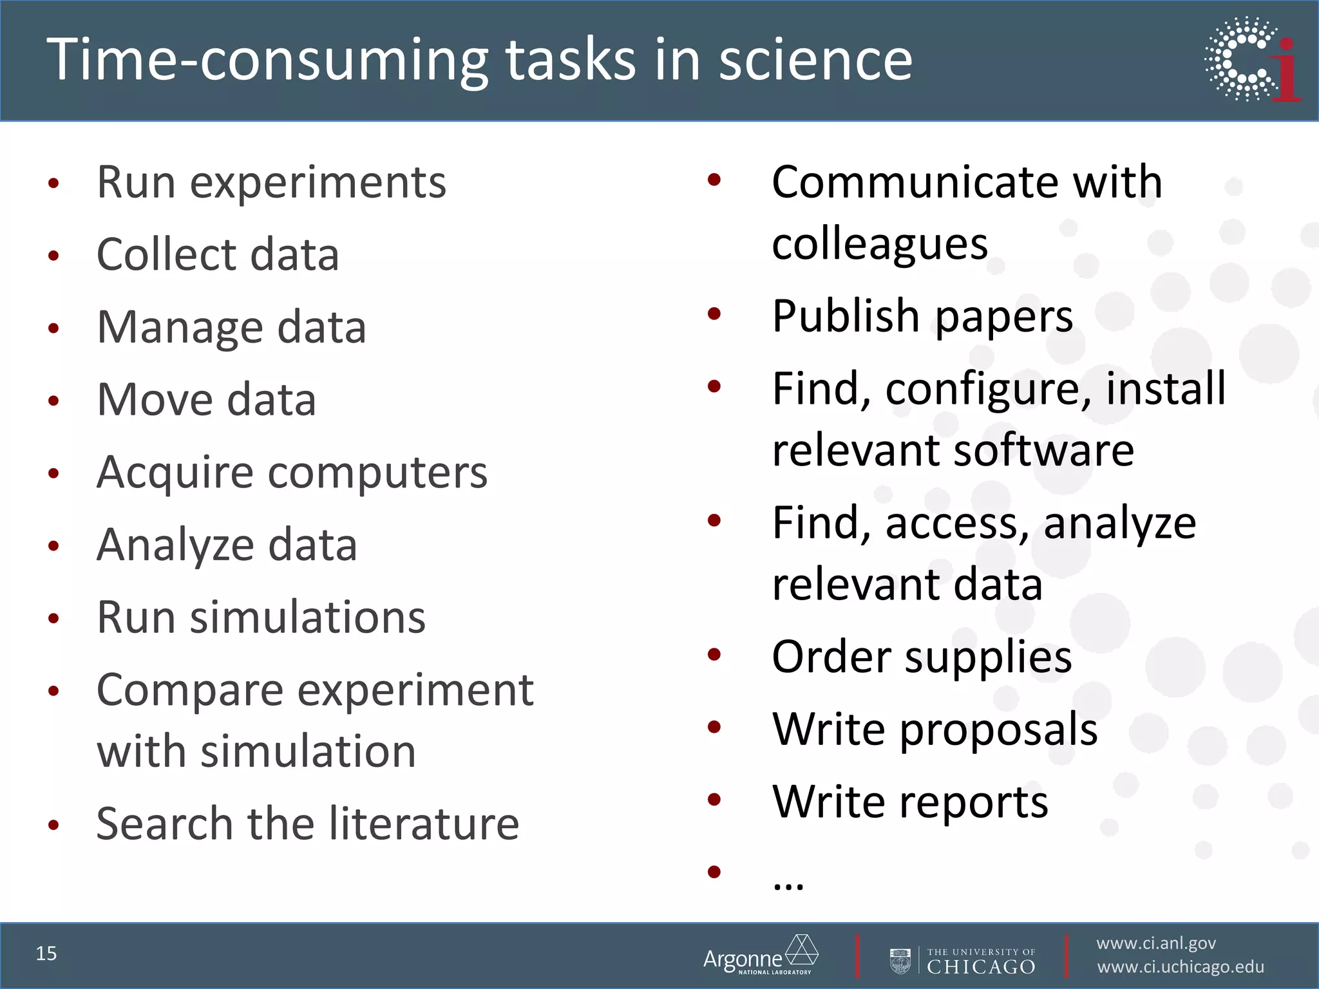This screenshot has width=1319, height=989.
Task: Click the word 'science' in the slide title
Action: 815,59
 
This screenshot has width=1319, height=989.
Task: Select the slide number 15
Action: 46,954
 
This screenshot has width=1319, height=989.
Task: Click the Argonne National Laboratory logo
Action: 761,956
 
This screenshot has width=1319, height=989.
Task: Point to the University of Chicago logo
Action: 963,961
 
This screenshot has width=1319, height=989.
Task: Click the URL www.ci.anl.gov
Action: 1156,943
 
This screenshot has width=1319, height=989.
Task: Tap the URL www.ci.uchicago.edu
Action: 1181,967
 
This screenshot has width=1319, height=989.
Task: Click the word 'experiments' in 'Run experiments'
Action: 318,183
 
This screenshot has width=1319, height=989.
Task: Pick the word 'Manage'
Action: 180,328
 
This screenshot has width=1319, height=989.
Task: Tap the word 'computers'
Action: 377,473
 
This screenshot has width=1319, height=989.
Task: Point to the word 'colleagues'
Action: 880,245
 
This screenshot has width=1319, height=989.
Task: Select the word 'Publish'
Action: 846,317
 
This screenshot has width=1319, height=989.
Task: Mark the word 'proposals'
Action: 998,730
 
